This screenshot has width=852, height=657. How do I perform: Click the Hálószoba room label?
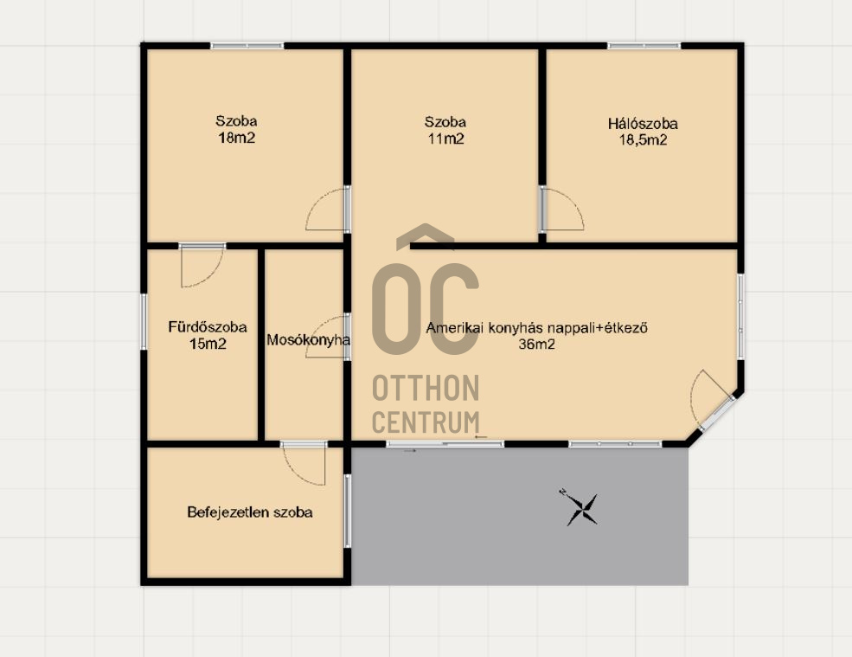[x=643, y=124]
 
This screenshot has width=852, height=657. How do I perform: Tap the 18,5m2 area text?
[x=643, y=140]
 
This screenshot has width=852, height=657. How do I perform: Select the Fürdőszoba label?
[x=208, y=327]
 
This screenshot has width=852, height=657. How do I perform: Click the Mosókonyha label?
[x=308, y=340]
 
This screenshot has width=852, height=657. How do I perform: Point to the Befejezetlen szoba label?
[x=250, y=512]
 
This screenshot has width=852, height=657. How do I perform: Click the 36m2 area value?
[x=536, y=344]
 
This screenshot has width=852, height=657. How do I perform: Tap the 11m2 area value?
[x=445, y=138]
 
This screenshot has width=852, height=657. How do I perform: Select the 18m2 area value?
[x=236, y=138]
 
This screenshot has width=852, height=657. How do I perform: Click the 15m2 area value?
[x=208, y=344]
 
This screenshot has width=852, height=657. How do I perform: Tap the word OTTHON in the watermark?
[x=426, y=388]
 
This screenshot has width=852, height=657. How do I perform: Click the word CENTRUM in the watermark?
[x=426, y=422]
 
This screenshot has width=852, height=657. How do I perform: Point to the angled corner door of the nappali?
[x=712, y=400]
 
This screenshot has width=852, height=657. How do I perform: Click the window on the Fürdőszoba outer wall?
[x=144, y=321]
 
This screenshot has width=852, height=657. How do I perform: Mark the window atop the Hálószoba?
[x=644, y=46]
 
